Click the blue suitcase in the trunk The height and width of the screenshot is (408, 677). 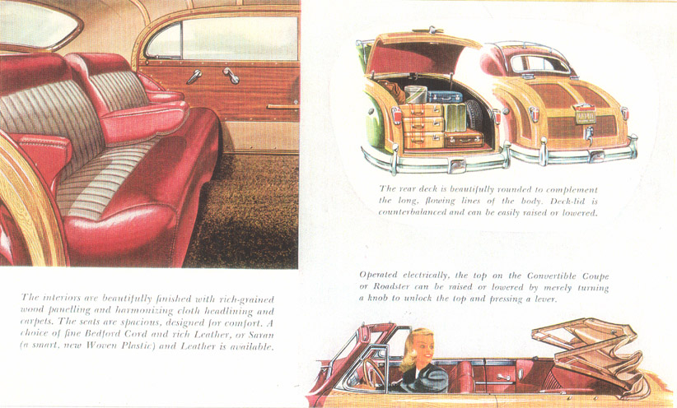445,96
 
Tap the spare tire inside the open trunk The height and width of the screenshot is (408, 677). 474,116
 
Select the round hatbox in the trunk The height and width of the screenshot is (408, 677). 415,95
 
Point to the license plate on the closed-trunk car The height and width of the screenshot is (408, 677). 585,116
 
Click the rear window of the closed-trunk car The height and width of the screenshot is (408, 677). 539,64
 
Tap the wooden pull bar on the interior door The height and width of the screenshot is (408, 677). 282,107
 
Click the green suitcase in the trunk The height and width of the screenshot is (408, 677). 455,118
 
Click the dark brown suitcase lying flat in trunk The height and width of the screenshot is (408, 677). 464,138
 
